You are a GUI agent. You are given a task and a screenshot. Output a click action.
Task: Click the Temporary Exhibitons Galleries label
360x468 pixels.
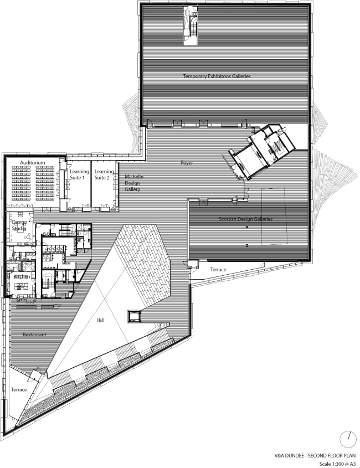tap(217, 76)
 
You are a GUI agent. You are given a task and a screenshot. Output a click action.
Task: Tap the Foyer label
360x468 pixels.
tap(187, 163)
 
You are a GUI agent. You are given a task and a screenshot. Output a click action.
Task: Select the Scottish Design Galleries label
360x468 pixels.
tap(246, 219)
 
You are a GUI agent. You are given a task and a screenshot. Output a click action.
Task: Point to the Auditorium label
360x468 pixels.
tap(33, 163)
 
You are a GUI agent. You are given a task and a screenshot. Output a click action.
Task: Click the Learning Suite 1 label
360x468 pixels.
tap(79, 174)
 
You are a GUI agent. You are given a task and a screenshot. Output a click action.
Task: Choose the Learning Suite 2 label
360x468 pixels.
tap(104, 174)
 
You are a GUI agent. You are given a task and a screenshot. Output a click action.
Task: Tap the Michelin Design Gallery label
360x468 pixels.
tap(134, 183)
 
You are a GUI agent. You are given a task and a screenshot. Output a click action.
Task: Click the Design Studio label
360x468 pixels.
tap(19, 225)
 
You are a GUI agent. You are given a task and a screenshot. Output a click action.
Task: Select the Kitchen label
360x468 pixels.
tap(22, 277)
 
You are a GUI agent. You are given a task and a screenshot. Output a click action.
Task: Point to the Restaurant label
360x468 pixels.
tap(35, 335)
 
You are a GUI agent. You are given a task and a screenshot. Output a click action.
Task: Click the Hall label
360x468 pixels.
tap(100, 320)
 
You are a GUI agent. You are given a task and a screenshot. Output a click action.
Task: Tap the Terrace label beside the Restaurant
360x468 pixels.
tap(19, 389)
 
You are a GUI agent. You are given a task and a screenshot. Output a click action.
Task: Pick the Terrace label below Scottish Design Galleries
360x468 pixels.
tap(218, 270)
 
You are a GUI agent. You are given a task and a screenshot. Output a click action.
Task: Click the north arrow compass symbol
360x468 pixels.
tap(348, 439)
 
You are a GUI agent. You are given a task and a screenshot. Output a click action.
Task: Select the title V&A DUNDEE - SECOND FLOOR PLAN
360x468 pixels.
tap(315, 456)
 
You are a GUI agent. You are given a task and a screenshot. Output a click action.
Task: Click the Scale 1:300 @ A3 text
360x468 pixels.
tap(338, 464)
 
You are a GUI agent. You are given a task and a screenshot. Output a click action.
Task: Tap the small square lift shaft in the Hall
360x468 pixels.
tap(133, 316)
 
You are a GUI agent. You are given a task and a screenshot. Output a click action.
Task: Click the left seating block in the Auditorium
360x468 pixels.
tap(21, 183)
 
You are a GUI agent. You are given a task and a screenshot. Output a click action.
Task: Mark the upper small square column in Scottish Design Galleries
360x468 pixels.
tap(247, 227)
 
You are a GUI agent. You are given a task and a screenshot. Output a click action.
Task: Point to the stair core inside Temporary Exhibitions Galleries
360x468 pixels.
tap(191, 25)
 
